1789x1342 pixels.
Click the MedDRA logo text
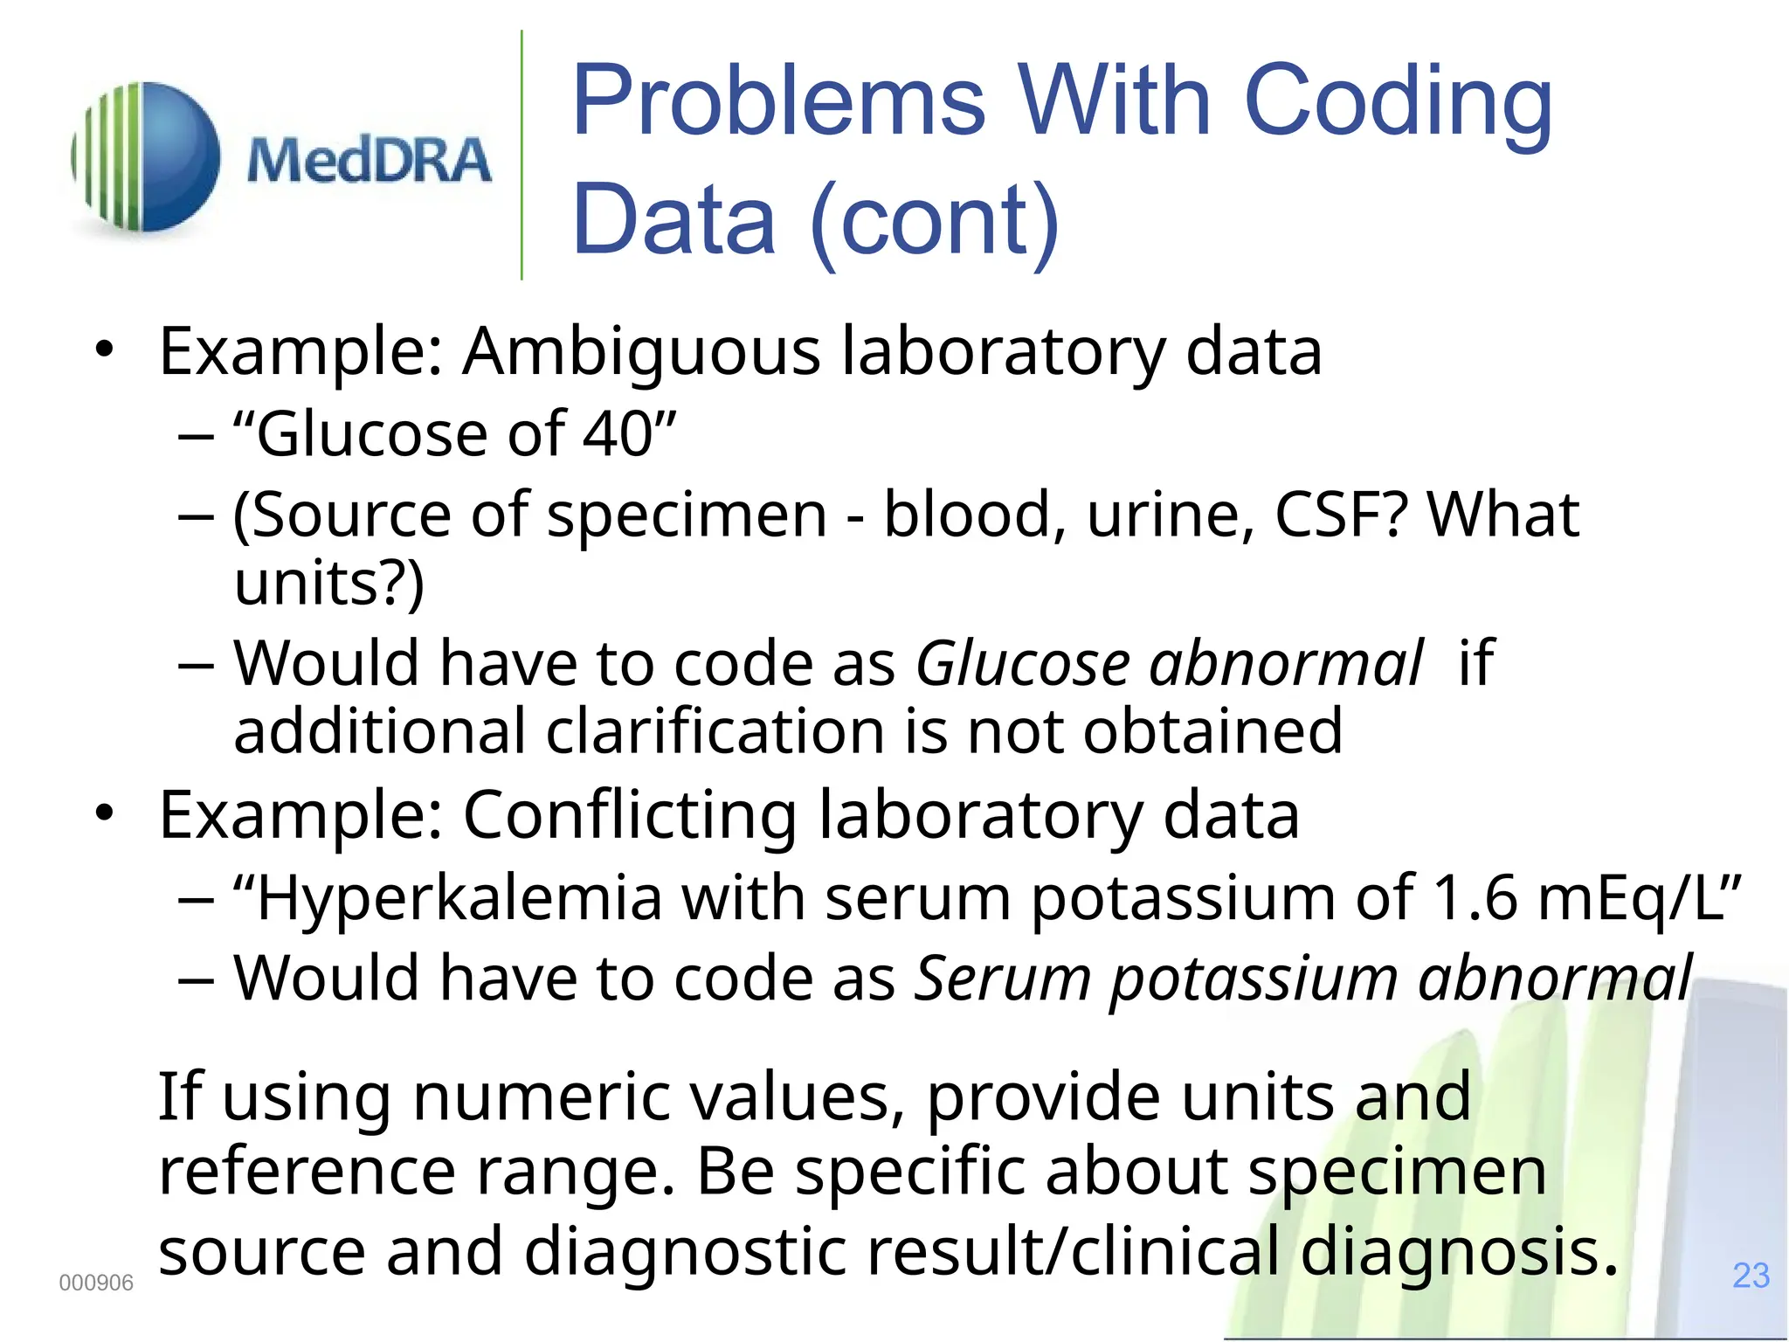369,161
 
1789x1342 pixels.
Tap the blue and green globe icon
146,157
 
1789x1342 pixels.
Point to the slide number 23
1751,1276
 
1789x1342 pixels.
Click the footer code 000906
96,1283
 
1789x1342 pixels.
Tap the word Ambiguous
641,352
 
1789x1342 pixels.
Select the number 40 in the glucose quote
618,433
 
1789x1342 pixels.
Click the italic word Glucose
1022,663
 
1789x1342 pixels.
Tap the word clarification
716,731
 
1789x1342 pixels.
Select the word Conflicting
629,815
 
